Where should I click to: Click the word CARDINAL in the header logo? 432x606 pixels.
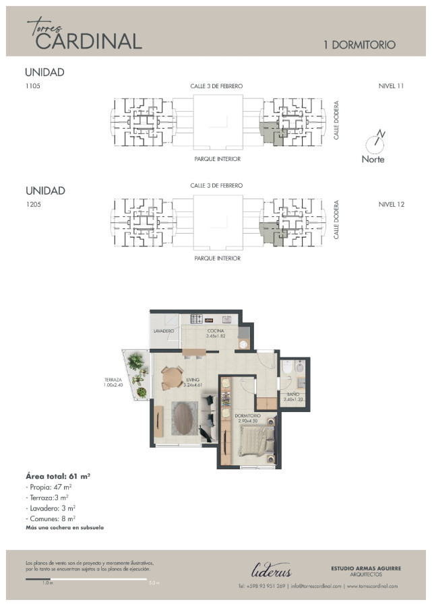(x=88, y=41)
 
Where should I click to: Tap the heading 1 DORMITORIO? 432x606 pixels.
(x=359, y=45)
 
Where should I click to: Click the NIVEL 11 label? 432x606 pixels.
(x=391, y=86)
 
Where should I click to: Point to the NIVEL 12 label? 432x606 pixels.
(x=391, y=204)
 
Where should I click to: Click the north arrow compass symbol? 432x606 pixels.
(x=375, y=141)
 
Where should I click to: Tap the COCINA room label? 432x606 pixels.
(x=216, y=331)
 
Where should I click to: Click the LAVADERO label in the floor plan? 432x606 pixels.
(x=164, y=331)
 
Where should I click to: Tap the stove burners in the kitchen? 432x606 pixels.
(x=197, y=319)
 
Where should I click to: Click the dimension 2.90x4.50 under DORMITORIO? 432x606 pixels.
(x=247, y=421)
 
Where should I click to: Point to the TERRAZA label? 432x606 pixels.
(x=113, y=379)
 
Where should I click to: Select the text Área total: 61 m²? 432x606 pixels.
(x=58, y=476)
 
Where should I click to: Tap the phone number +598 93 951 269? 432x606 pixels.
(x=262, y=586)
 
